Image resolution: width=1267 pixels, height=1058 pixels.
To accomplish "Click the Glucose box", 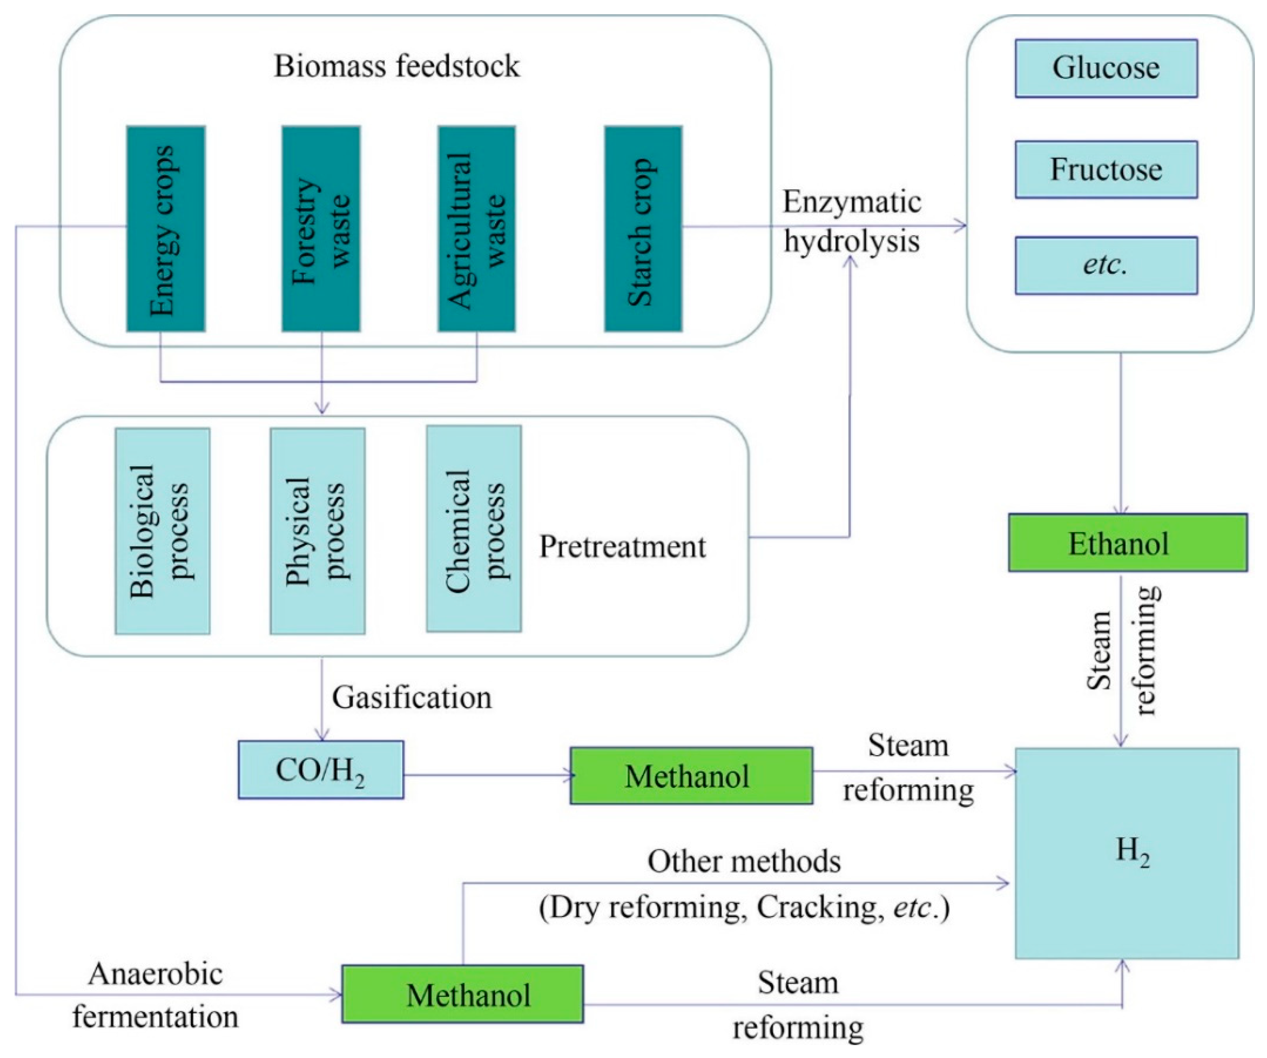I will [x=1106, y=68].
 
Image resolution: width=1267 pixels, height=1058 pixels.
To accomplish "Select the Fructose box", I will [x=1106, y=169].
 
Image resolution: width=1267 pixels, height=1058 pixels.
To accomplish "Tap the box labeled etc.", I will [x=1106, y=265].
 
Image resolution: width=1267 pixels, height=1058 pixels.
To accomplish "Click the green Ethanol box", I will [x=1127, y=542].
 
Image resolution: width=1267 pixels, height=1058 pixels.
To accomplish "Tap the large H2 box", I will [x=1127, y=853].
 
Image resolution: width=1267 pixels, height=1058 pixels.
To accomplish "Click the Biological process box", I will [x=162, y=531].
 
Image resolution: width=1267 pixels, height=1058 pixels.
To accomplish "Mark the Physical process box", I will [x=318, y=531].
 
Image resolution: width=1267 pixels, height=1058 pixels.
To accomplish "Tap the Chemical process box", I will [x=473, y=529].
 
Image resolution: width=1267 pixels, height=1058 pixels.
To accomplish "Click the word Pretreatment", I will [x=622, y=547].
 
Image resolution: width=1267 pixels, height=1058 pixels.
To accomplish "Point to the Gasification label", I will [x=412, y=698].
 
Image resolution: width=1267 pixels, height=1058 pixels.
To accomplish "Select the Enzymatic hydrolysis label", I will [x=852, y=222].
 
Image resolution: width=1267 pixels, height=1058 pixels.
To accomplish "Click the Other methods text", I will [x=743, y=862].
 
